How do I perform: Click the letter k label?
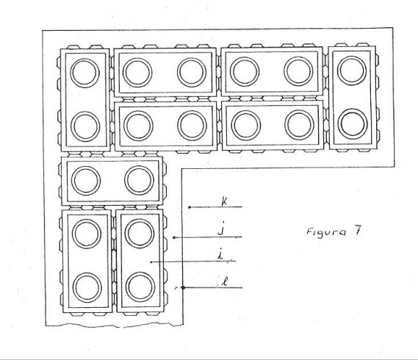[225, 201]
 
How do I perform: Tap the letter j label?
[221, 229]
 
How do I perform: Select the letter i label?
[220, 256]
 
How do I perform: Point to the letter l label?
[226, 282]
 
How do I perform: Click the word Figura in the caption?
[326, 231]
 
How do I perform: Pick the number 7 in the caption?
[357, 230]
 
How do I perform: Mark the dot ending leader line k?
[190, 207]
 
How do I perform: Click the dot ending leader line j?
[174, 237]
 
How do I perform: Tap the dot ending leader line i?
[151, 262]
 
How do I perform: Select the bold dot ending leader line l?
[183, 287]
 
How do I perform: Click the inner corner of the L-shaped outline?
[181, 169]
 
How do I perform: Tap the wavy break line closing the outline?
[115, 325]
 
